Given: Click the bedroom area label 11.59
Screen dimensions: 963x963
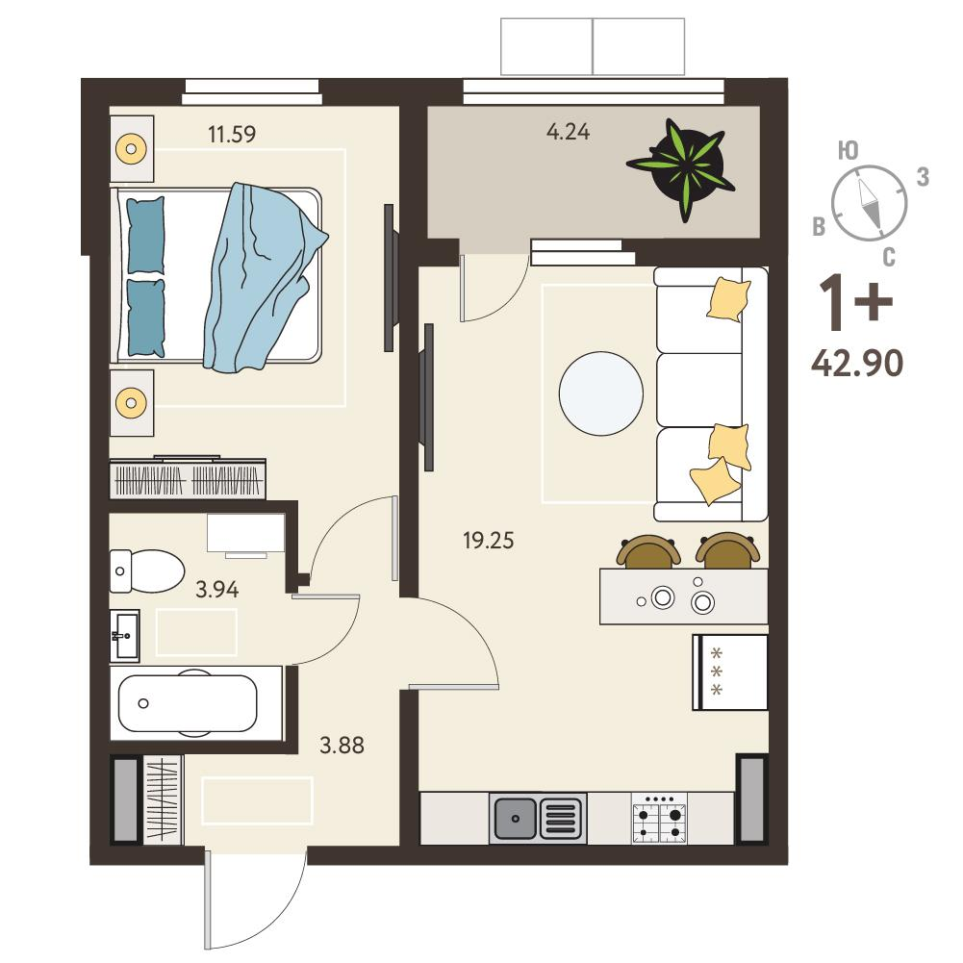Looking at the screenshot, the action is coord(232,134).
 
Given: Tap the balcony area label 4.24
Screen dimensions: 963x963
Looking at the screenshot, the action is coord(569,132).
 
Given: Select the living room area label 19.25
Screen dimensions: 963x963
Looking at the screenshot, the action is coord(489,541).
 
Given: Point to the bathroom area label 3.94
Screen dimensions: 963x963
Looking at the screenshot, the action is coord(216,590).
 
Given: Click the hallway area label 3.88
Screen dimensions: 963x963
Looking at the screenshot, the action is coord(342,746).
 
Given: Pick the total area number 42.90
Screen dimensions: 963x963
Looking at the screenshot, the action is coord(857,363).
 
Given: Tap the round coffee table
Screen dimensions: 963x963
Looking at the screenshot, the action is coord(601,393).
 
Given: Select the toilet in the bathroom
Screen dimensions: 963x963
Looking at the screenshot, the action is coord(147,571).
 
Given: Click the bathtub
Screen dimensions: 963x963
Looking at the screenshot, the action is coord(188,704).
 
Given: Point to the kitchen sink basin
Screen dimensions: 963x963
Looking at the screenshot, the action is coord(516,819).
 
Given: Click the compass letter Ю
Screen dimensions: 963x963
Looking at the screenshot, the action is coord(849,150).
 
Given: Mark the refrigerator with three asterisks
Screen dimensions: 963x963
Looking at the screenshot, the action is coord(730,672).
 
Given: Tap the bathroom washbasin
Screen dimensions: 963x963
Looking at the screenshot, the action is coord(125,636).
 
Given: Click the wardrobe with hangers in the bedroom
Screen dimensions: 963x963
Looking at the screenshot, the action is coord(188,477).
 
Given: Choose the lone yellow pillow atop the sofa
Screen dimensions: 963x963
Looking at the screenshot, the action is coord(728,299).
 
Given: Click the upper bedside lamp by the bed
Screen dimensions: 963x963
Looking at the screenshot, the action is coord(131,148).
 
